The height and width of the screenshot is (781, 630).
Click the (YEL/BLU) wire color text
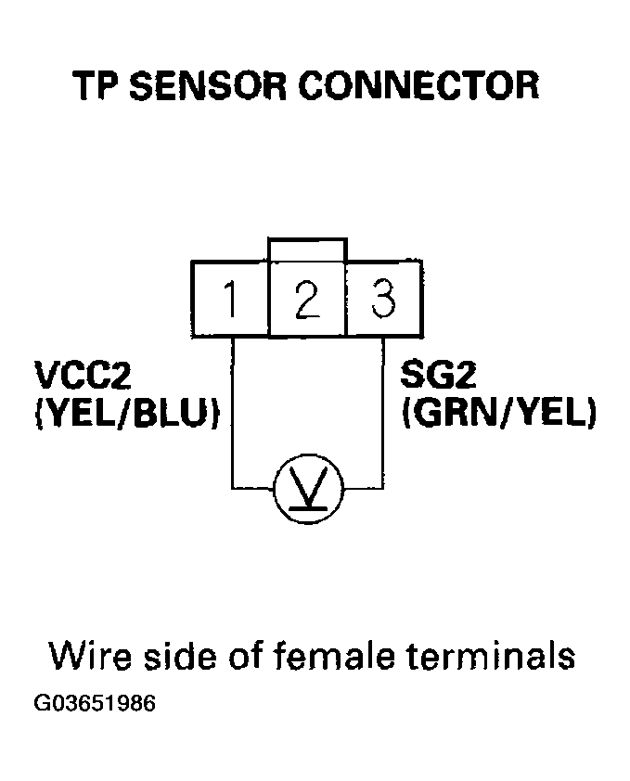[x=126, y=414]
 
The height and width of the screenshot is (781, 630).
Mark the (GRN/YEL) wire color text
[x=497, y=414]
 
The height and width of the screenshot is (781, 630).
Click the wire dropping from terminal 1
[x=231, y=408]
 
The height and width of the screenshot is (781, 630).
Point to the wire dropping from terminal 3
[x=383, y=408]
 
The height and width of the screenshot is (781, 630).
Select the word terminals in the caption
[x=492, y=656]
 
